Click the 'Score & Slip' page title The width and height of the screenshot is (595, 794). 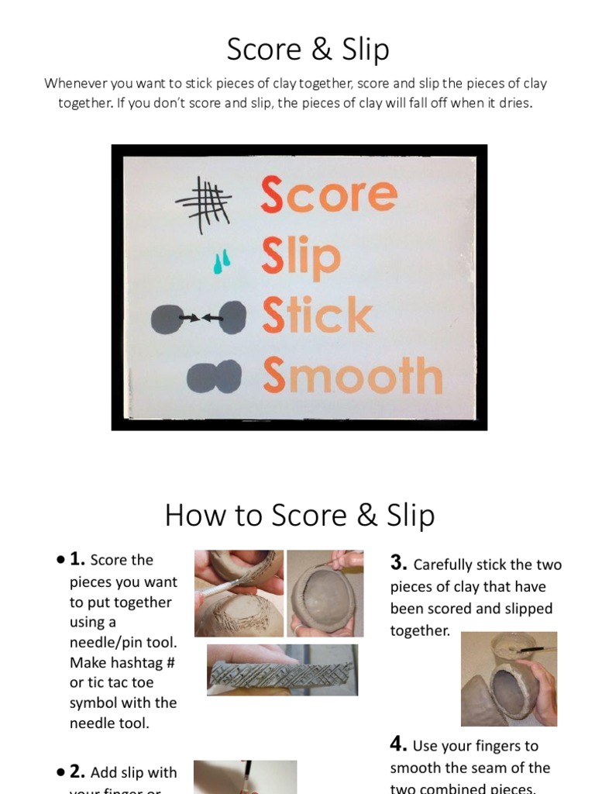[x=308, y=50]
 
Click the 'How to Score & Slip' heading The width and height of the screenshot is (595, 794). [x=299, y=516]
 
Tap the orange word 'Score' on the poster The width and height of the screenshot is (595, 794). [x=328, y=195]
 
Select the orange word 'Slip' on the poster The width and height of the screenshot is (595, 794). [x=301, y=257]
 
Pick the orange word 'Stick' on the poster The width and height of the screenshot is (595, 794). [x=317, y=316]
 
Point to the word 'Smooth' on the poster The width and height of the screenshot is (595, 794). [x=352, y=375]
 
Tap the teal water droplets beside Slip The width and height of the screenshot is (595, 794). [x=222, y=261]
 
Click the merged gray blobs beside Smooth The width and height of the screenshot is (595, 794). [x=215, y=376]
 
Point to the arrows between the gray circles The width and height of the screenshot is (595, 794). [x=201, y=318]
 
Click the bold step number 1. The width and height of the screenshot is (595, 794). [x=77, y=559]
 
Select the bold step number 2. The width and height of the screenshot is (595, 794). [x=77, y=772]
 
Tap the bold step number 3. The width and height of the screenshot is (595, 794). [x=398, y=564]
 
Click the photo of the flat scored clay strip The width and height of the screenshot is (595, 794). [x=282, y=669]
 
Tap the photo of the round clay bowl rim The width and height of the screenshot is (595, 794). [x=325, y=593]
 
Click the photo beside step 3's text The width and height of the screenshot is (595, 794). [x=508, y=679]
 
